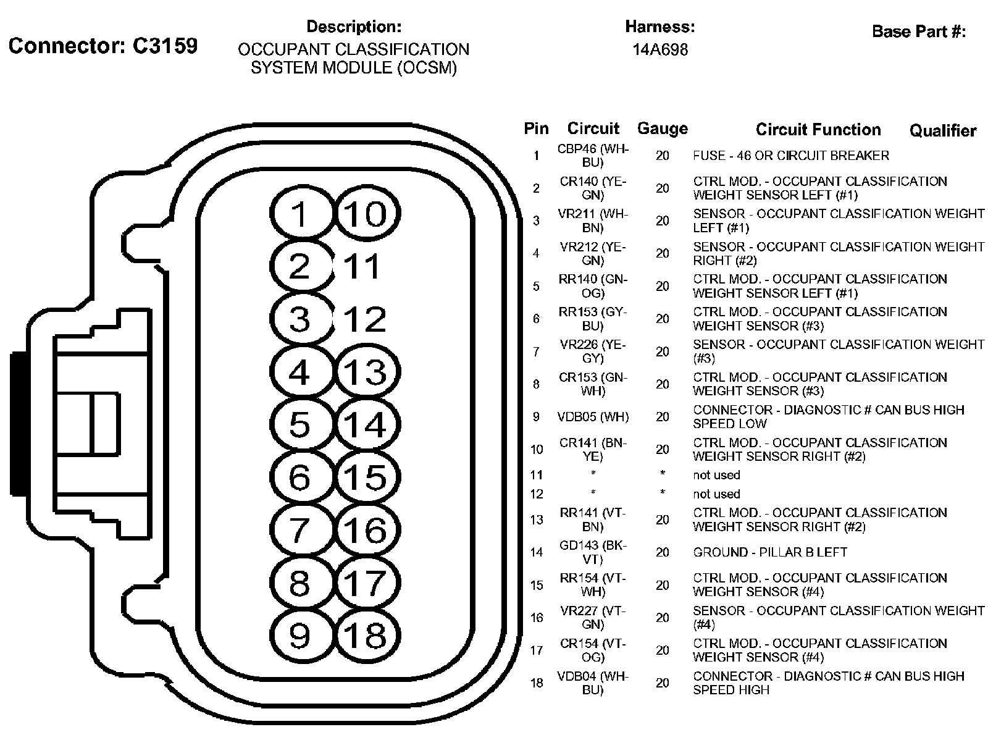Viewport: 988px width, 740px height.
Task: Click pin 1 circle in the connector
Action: tap(300, 214)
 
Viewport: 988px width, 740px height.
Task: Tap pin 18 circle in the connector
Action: tap(367, 636)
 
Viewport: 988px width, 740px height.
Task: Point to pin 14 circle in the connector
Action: tap(367, 425)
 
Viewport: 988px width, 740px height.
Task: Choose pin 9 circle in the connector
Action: tap(300, 636)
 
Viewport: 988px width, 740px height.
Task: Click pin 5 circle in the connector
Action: tap(300, 425)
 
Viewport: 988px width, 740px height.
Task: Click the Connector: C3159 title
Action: tap(103, 46)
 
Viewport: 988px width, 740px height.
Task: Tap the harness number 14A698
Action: tap(659, 49)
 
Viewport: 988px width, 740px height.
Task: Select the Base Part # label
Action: tap(918, 32)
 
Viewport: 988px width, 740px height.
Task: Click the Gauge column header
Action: tap(662, 128)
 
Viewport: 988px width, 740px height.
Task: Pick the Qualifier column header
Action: tap(942, 130)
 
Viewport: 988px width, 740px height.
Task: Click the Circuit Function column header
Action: tap(818, 129)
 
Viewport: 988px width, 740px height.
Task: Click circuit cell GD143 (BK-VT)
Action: tap(592, 552)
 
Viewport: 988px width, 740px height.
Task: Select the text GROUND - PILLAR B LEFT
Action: tap(769, 552)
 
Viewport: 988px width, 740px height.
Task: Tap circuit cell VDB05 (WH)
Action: tap(593, 417)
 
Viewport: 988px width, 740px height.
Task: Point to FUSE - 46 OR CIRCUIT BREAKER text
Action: tap(791, 156)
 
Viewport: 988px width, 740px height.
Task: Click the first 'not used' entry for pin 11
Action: tap(716, 475)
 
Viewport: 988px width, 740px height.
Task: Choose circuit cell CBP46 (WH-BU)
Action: tap(592, 156)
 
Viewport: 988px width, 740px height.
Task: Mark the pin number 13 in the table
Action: tap(536, 520)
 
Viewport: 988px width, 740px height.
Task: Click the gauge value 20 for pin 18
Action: tap(662, 683)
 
